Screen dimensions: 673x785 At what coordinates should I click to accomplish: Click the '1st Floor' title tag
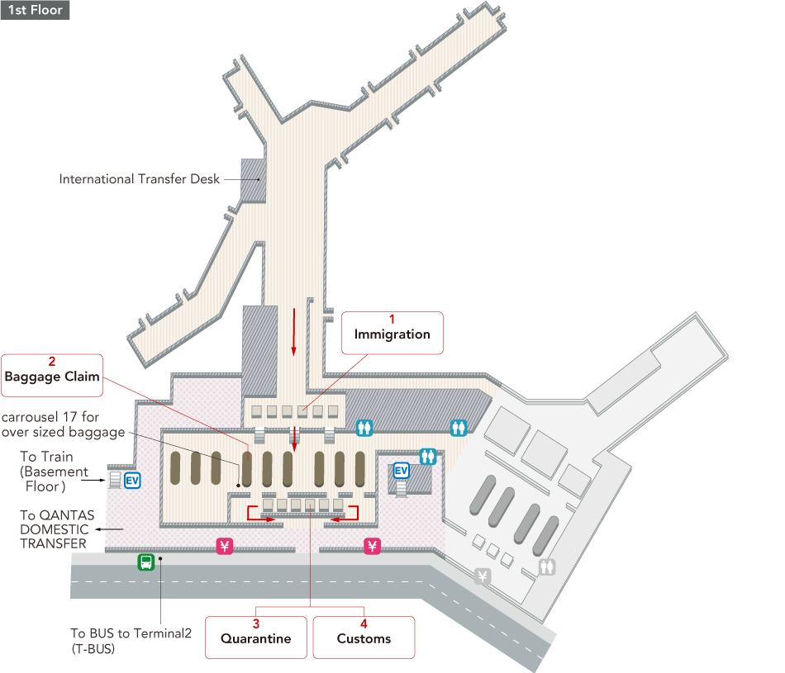(35, 11)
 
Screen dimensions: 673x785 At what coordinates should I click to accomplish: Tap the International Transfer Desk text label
(140, 178)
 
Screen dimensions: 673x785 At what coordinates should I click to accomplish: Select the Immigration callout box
(392, 333)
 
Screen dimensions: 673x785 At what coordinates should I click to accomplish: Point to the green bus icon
(145, 562)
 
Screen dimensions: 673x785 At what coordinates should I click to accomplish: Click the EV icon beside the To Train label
(131, 479)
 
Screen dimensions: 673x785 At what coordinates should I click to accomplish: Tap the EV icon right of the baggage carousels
(402, 471)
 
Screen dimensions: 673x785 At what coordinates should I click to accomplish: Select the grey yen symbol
(483, 576)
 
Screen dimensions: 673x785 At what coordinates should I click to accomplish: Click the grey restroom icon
(546, 567)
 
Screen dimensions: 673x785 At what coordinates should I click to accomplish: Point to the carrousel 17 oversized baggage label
(63, 424)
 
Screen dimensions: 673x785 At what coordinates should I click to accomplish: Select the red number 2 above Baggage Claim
(52, 361)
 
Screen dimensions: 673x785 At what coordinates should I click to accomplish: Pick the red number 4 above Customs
(364, 623)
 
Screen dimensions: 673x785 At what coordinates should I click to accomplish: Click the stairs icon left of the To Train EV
(114, 479)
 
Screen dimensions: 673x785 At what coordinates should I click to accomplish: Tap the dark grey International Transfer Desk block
(252, 179)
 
